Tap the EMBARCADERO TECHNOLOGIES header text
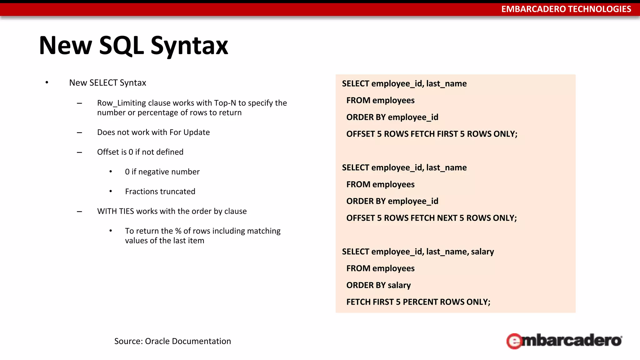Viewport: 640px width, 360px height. pyautogui.click(x=566, y=9)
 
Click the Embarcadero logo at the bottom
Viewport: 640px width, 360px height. pyautogui.click(x=564, y=341)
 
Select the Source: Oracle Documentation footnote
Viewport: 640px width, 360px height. pyautogui.click(x=172, y=341)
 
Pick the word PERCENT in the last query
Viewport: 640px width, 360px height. pyautogui.click(x=420, y=302)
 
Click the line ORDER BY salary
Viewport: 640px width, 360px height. pyautogui.click(x=378, y=285)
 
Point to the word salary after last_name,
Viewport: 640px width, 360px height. pyautogui.click(x=482, y=252)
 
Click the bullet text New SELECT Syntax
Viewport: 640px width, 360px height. pyautogui.click(x=107, y=83)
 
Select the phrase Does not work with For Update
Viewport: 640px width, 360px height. pyautogui.click(x=153, y=132)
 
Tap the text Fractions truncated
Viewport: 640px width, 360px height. pyautogui.click(x=160, y=191)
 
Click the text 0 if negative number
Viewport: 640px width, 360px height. pyautogui.click(x=162, y=172)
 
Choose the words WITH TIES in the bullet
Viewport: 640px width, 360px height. pyautogui.click(x=115, y=211)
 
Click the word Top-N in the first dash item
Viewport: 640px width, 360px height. pyautogui.click(x=225, y=103)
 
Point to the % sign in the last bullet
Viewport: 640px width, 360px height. pyautogui.click(x=178, y=231)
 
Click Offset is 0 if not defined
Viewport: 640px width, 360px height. pyautogui.click(x=140, y=152)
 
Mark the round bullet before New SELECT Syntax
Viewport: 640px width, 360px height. pyautogui.click(x=47, y=83)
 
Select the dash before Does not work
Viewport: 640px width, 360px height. pyautogui.click(x=79, y=132)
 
